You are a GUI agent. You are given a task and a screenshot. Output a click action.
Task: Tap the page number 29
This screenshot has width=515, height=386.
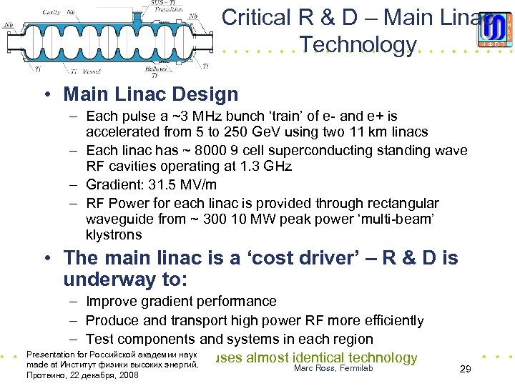click(x=465, y=370)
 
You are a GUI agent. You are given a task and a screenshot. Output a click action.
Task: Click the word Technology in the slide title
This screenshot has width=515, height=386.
click(x=358, y=44)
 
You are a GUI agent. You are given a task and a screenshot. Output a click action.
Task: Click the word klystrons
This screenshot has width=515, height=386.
click(x=114, y=234)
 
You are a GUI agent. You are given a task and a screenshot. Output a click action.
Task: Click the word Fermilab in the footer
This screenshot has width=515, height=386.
click(x=350, y=367)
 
